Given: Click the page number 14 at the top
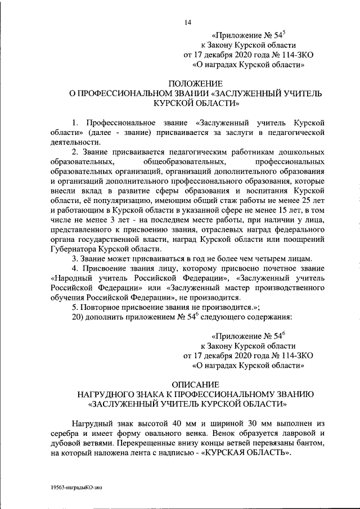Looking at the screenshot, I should [188, 22].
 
